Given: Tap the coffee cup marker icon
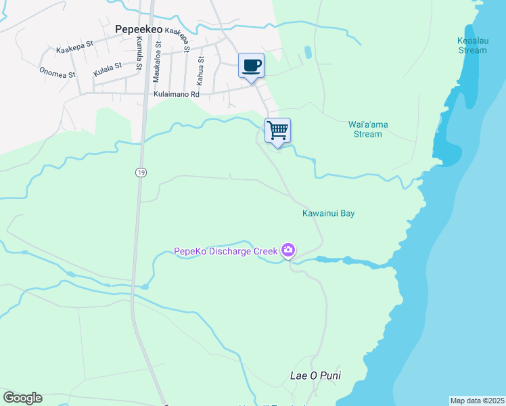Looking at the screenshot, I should (x=251, y=66).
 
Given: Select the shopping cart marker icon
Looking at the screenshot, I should (x=277, y=130).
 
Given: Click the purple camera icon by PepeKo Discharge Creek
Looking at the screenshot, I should (x=289, y=251).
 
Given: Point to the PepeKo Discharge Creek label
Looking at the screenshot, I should (x=226, y=251).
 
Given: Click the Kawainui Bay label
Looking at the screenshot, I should (x=328, y=213).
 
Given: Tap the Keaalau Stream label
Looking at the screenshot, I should (x=471, y=45).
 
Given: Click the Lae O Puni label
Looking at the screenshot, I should (x=315, y=376).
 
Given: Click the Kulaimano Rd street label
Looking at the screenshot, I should (x=177, y=95).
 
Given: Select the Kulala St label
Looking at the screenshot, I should (x=108, y=68).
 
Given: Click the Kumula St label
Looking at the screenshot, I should (x=139, y=53).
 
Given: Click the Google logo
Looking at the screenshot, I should (x=22, y=398).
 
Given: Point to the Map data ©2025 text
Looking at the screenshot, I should (x=477, y=400).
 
